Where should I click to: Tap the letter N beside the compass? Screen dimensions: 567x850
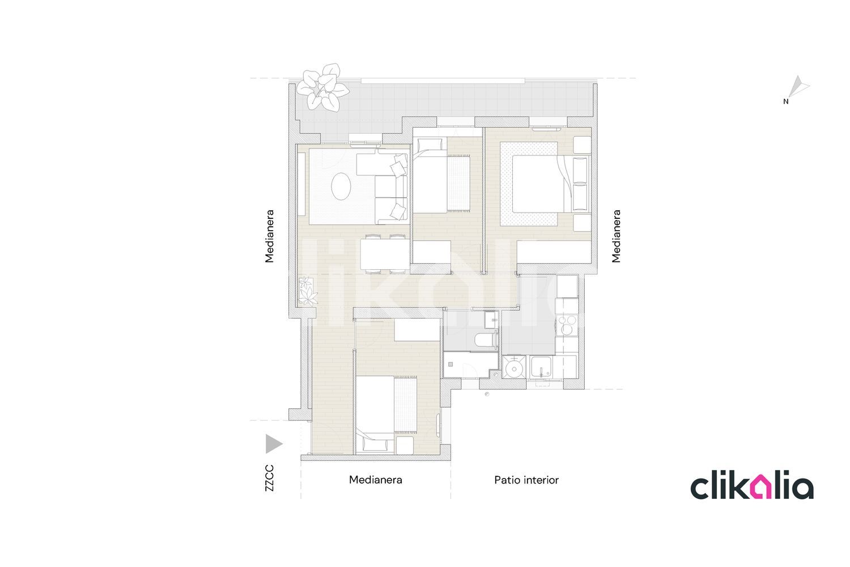tap(785, 102)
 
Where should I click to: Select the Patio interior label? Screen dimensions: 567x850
tap(526, 480)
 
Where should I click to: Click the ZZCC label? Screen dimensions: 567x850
tap(270, 478)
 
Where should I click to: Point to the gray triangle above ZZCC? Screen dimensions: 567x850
tap(273, 444)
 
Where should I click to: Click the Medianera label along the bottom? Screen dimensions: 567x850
tap(375, 480)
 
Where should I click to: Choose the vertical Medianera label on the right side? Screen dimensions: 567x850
tap(617, 236)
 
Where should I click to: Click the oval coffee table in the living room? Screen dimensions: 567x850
tap(341, 187)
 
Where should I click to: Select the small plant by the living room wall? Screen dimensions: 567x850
tap(308, 290)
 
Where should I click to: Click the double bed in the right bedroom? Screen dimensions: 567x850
tap(538, 185)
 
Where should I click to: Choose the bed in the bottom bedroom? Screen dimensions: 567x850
tap(385, 412)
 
